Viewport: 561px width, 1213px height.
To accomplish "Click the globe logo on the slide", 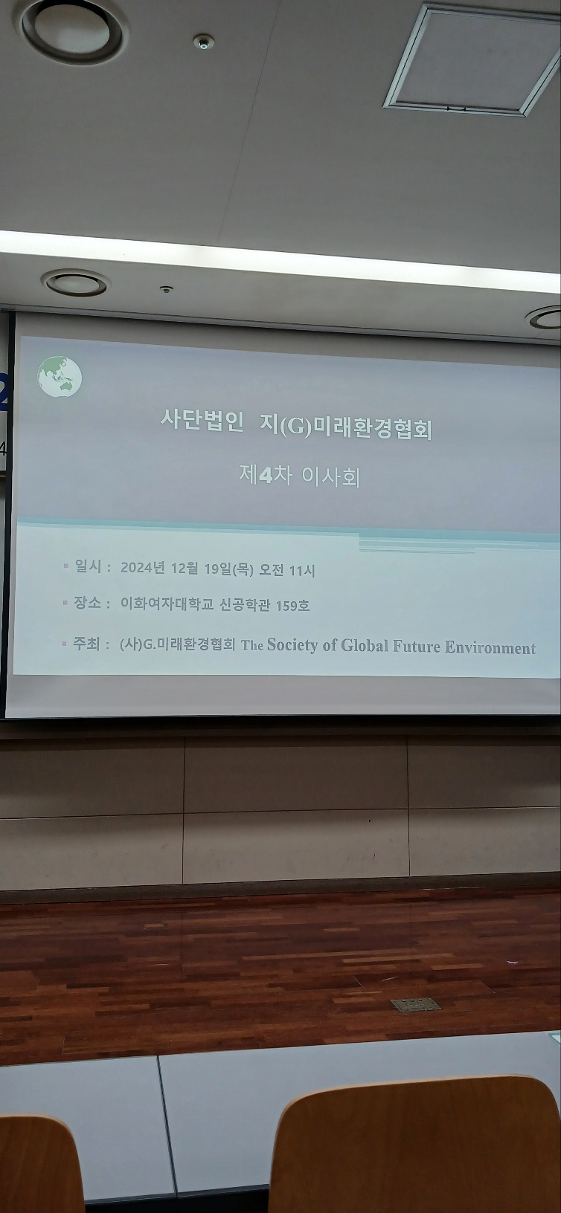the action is [60, 376].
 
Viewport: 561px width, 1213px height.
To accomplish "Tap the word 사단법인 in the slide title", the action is [202, 420].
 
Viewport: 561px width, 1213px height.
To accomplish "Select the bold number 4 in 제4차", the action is [265, 475].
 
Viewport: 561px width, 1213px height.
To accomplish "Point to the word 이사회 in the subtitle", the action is [330, 477].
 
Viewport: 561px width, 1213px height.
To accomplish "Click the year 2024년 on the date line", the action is [142, 568].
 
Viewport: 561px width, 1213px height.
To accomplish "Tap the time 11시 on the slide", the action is [302, 570].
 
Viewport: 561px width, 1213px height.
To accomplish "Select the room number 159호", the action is [292, 606].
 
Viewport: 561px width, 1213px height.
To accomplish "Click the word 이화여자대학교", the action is [167, 604].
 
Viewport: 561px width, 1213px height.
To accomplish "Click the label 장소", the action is [87, 602].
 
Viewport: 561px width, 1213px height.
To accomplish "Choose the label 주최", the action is [86, 643].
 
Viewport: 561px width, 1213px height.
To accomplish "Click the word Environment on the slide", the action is [490, 647].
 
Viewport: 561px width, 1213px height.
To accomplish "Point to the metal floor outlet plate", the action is [416, 1005].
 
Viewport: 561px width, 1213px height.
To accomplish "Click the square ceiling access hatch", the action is [472, 59].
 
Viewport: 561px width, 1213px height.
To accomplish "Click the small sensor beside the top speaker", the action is [203, 42].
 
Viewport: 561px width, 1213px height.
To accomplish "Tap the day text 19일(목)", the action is [228, 569].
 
